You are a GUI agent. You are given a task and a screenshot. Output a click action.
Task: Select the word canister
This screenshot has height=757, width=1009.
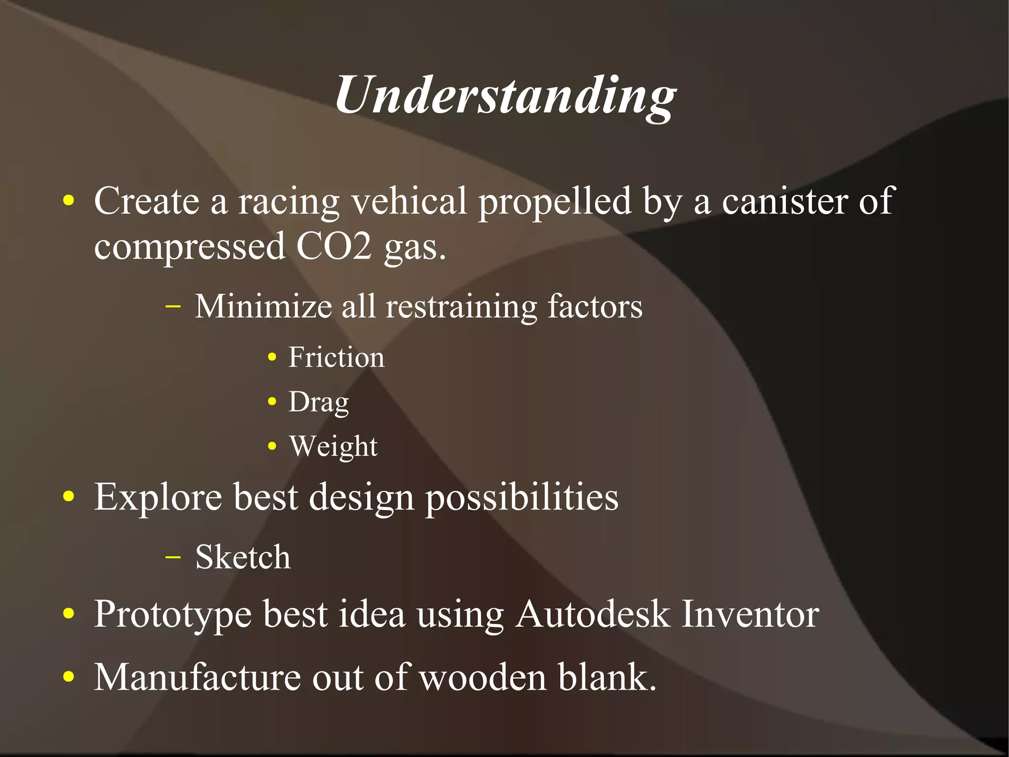click(x=785, y=201)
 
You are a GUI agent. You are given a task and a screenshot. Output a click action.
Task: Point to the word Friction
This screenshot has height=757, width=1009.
click(x=336, y=358)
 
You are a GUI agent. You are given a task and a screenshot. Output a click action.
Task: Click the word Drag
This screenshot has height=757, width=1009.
click(x=318, y=402)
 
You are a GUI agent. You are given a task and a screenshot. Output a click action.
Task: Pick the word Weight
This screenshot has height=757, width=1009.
click(x=333, y=447)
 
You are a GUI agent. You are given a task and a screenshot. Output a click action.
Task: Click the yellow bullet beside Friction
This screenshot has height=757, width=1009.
click(x=272, y=358)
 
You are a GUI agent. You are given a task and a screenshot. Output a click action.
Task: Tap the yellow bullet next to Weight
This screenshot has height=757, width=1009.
click(x=272, y=447)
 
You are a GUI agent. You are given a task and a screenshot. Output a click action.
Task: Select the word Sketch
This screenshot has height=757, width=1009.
click(x=243, y=557)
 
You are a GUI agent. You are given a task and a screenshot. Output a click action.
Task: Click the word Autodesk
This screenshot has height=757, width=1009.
click(x=592, y=614)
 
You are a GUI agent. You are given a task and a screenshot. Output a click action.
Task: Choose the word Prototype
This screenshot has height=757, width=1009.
click(x=172, y=615)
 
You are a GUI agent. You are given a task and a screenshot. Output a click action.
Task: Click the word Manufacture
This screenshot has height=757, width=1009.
click(x=197, y=677)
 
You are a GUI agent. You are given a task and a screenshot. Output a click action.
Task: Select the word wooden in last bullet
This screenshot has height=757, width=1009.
click(x=483, y=677)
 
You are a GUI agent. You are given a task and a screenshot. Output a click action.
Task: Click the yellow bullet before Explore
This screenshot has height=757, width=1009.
click(x=69, y=497)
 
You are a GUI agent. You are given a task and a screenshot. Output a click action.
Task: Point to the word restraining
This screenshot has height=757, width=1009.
click(x=461, y=307)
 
